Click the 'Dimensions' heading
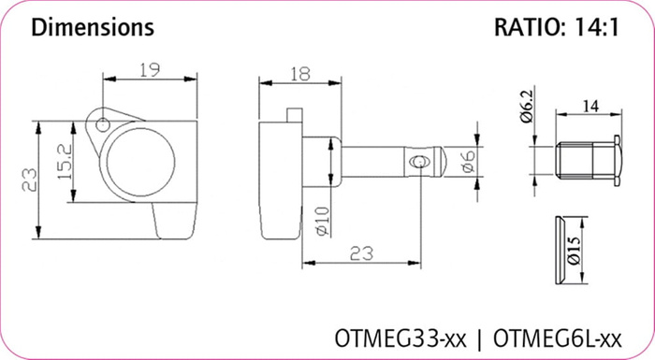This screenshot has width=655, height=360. point(93,27)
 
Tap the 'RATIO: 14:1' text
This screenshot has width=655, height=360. point(557,27)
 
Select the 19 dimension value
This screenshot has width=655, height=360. point(150,70)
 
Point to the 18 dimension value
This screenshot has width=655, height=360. point(300,74)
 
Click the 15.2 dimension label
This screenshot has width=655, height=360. point(65,162)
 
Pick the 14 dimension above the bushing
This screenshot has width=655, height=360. point(589,107)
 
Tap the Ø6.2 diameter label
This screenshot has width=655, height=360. point(527,106)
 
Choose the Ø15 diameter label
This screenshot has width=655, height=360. point(574,251)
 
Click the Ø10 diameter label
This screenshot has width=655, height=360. point(323,222)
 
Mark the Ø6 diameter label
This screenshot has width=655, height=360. point(468,162)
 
